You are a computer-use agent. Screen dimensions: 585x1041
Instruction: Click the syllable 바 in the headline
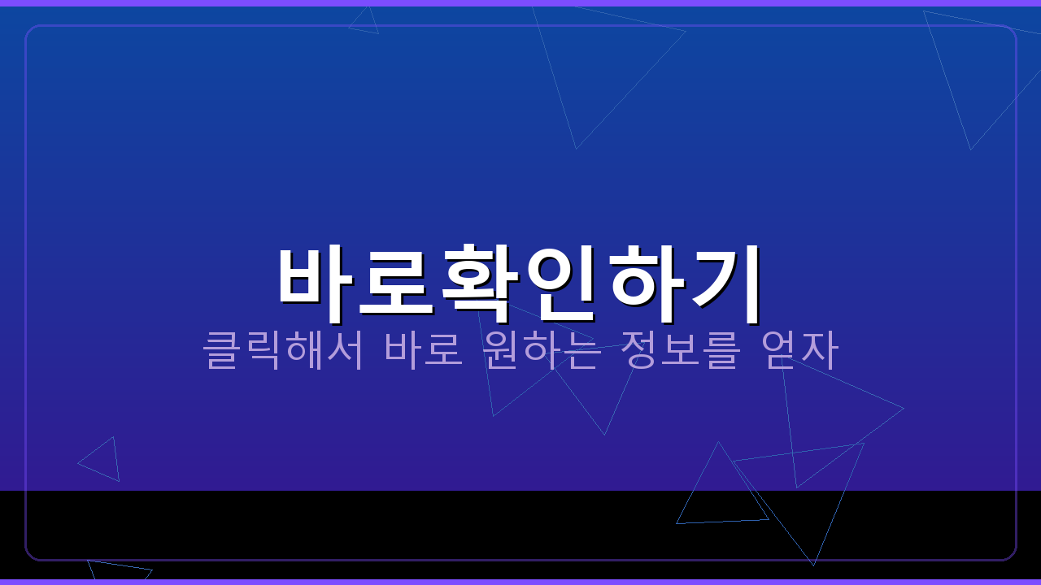pos(316,276)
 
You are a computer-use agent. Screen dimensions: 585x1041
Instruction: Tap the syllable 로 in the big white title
pos(396,276)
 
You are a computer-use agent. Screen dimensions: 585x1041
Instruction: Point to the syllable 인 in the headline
pos(563,276)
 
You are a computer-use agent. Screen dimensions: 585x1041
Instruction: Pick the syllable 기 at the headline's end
pos(726,276)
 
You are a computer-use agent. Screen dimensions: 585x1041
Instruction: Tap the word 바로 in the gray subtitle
pos(424,349)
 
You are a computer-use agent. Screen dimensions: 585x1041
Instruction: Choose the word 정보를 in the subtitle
pos(681,349)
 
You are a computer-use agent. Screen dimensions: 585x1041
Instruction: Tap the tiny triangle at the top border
pos(366,23)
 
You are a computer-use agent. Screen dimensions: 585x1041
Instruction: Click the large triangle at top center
pos(594,57)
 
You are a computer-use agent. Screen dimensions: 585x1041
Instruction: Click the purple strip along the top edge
pos(520,2)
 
